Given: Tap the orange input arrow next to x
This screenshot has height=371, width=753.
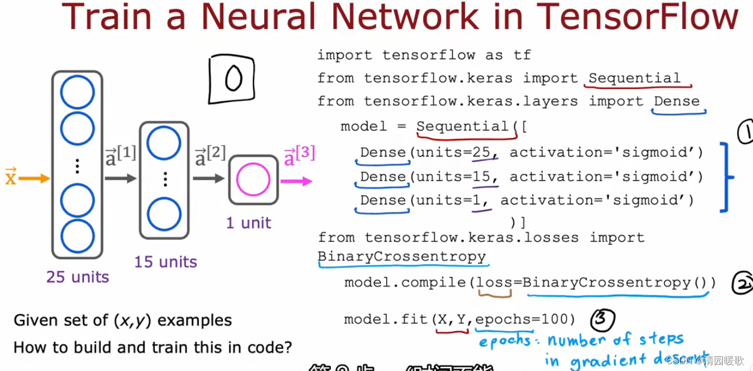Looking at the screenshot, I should pyautogui.click(x=35, y=178).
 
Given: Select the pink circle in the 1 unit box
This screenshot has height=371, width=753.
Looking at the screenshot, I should pyautogui.click(x=253, y=180).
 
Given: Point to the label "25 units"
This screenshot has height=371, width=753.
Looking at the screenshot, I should pyautogui.click(x=77, y=277).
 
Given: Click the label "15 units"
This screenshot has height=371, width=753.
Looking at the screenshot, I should pyautogui.click(x=165, y=262).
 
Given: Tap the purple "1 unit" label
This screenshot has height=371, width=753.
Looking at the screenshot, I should pyautogui.click(x=248, y=223).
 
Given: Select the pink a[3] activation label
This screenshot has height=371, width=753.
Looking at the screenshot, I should pyautogui.click(x=298, y=156).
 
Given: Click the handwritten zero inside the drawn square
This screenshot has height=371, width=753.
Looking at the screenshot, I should pyautogui.click(x=233, y=79).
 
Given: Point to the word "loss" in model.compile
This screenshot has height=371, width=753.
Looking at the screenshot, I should pyautogui.click(x=494, y=283).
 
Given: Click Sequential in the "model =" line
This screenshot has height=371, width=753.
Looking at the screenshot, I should pyautogui.click(x=463, y=127).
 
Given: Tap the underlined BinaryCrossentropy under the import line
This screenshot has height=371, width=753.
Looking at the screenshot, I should pyautogui.click(x=402, y=256).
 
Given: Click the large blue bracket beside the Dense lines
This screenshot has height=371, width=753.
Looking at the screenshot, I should pyautogui.click(x=726, y=177).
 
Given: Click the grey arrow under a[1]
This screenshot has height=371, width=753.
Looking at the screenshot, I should pyautogui.click(x=120, y=178).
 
